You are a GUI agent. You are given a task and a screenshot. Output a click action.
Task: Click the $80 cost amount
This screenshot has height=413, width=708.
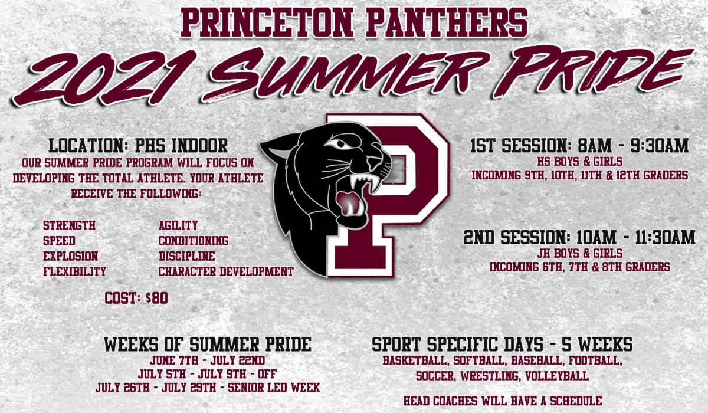[157, 299]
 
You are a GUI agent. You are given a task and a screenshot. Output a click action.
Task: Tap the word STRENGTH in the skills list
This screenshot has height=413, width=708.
[69, 225]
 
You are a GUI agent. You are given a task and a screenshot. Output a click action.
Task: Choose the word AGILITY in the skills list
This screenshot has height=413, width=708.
[178, 225]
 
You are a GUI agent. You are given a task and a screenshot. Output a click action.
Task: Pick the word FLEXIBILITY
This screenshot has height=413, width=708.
[74, 271]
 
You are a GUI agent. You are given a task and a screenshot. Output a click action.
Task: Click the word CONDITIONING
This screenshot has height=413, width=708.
[194, 241]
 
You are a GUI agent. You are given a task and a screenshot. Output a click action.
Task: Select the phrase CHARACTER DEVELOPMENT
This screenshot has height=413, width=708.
[226, 271]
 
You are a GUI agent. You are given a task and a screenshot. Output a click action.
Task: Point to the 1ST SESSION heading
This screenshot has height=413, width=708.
[520, 146]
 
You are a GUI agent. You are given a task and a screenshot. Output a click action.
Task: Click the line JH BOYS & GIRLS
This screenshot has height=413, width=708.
[579, 254]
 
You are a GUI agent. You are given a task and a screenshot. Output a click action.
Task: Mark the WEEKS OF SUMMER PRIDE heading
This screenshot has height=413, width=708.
[208, 345]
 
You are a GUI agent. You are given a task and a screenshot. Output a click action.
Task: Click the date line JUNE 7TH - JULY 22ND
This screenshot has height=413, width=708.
[207, 360]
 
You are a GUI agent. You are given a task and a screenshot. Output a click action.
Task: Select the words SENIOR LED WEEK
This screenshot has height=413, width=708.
[274, 388]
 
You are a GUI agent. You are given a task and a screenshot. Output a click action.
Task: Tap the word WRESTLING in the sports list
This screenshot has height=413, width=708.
[490, 376]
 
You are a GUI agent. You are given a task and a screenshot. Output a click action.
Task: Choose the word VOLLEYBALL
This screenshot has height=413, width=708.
[557, 376]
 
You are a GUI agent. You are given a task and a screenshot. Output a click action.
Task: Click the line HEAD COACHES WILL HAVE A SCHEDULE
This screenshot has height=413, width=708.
[503, 401]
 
